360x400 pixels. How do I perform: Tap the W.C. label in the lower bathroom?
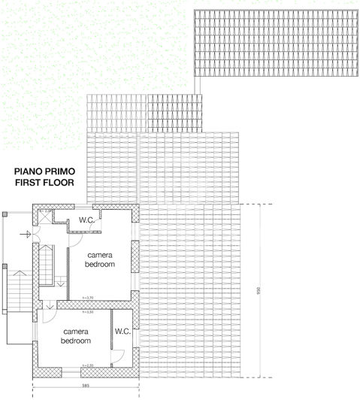[x=123, y=331]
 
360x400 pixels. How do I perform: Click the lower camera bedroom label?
[x=77, y=336]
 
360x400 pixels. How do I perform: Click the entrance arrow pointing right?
[x=26, y=235]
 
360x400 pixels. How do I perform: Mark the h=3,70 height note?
[x=87, y=298]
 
